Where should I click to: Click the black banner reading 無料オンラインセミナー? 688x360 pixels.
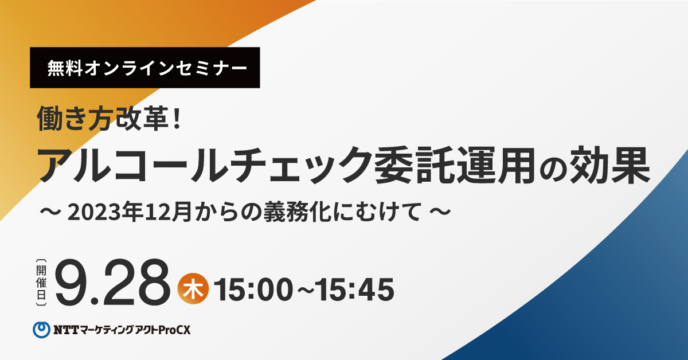point(145,68)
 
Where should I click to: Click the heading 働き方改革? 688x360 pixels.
point(109,119)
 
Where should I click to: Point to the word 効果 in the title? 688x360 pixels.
point(610,165)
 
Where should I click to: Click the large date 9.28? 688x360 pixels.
point(113,282)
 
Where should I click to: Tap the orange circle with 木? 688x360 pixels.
point(193,289)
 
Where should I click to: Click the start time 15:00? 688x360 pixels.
point(253,289)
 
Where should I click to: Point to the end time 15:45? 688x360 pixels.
point(355,289)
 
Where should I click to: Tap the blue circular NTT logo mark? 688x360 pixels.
point(41,330)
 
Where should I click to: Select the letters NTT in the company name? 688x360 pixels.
point(66,330)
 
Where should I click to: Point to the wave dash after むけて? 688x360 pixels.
point(440,212)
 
